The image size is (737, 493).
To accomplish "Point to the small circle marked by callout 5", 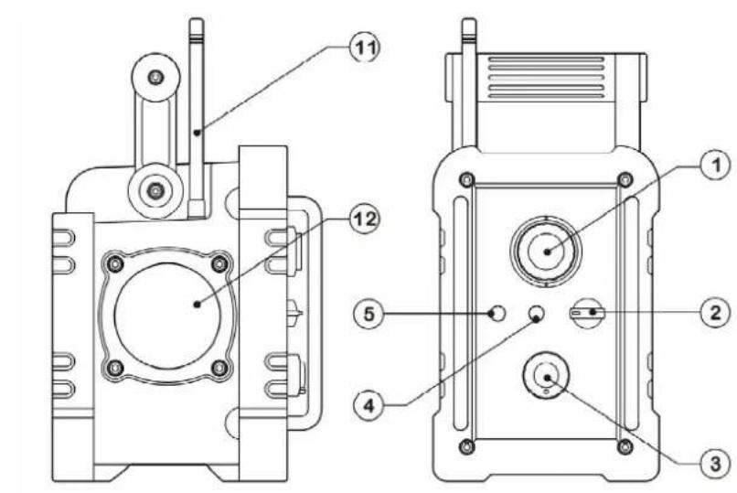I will [x=497, y=314].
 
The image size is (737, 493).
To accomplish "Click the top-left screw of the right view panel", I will [x=468, y=177].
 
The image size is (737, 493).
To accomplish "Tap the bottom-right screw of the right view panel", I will [x=625, y=445].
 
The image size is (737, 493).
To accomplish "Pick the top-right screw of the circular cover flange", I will [x=218, y=263].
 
